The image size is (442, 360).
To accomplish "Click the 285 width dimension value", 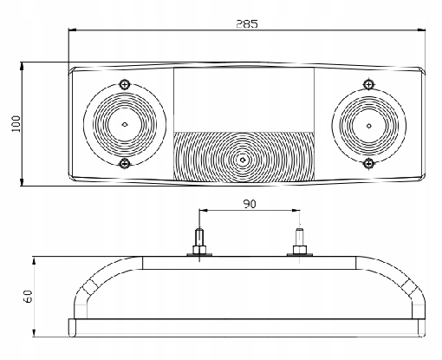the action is point(247,23).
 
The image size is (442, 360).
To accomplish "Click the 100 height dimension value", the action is point(16,124).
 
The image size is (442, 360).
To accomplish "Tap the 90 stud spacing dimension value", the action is point(250,204).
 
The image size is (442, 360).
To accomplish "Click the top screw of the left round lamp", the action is point(125,85).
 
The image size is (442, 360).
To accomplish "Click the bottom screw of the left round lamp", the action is point(125,163).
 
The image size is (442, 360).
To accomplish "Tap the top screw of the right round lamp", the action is point(368,84).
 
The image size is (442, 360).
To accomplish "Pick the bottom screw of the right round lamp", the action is point(368,164).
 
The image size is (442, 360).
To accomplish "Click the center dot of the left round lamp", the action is point(125,125).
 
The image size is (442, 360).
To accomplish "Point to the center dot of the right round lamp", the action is point(369,126).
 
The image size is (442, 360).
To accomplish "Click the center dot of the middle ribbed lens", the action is point(243,160).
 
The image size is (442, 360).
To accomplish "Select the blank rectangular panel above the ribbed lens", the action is point(244,100).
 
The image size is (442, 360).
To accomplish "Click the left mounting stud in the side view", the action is point(199,237).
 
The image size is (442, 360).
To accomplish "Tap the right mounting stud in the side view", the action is point(299,237).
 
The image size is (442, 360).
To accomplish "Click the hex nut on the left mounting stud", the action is point(199,250).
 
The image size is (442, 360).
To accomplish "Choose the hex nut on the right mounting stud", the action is point(300,250).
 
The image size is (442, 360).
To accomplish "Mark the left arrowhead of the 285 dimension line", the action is point(72,29).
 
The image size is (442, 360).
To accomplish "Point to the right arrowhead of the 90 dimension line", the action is point(296,211).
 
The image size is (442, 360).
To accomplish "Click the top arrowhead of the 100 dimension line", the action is point(22,66).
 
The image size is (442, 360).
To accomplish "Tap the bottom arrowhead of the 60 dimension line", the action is point(34,332).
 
